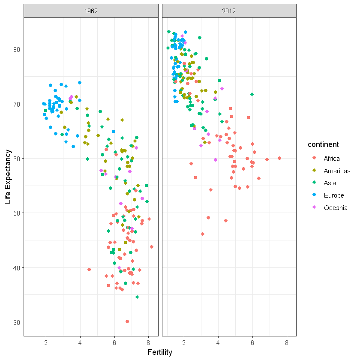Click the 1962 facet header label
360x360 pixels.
91,11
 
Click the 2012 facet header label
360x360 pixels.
229,11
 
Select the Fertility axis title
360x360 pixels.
160,352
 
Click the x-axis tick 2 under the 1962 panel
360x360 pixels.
46,342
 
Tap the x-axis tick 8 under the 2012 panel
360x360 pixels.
286,342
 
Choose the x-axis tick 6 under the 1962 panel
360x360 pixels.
114,342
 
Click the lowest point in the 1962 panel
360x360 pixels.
127,321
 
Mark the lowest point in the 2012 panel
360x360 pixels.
203,234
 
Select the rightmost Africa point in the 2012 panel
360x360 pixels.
279,158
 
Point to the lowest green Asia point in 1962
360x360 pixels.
137,297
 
